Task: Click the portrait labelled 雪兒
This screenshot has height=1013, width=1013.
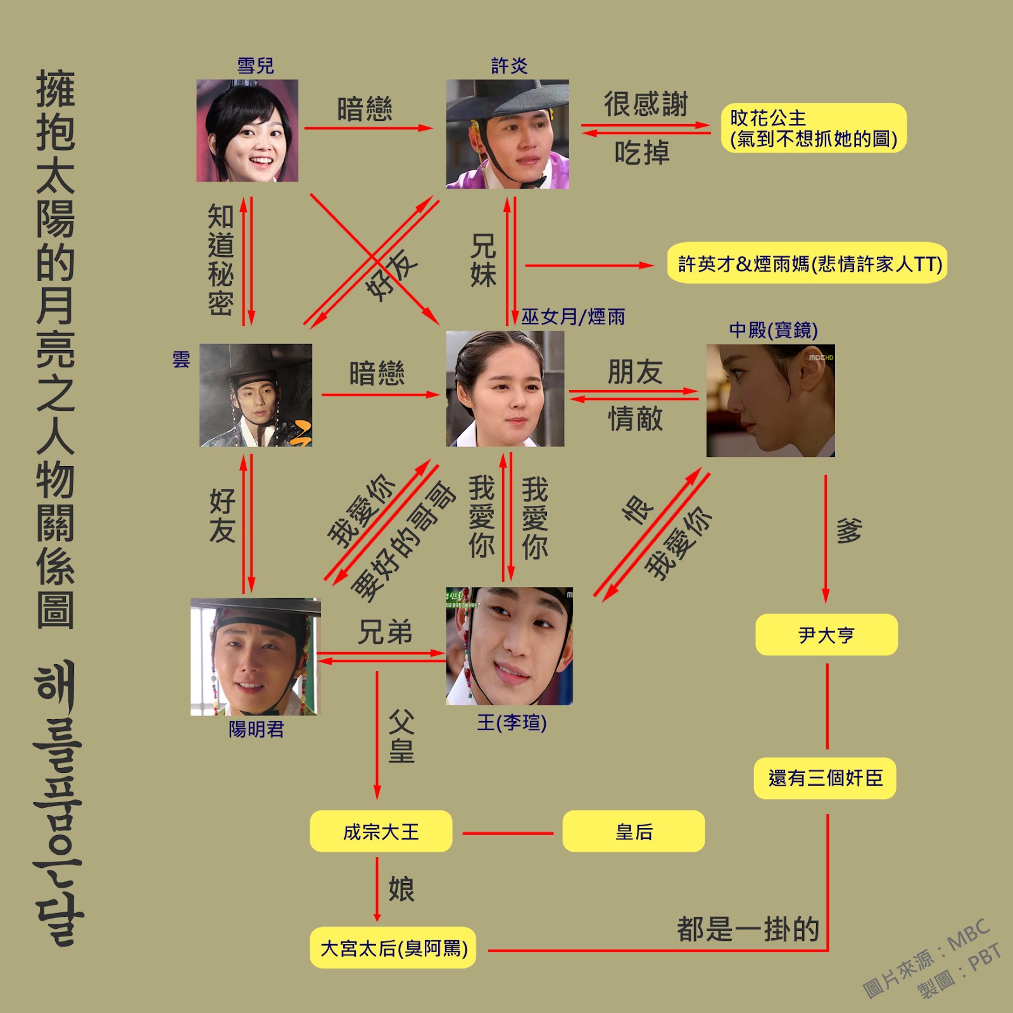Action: (247, 130)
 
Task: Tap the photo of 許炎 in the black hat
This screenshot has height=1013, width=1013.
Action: (507, 134)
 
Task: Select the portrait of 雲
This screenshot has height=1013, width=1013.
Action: (256, 395)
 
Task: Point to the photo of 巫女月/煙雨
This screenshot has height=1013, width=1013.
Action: (505, 389)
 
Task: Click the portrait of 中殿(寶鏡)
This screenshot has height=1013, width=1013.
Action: (771, 400)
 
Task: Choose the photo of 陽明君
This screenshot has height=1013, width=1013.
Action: (255, 657)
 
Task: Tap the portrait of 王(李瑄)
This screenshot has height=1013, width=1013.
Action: (510, 646)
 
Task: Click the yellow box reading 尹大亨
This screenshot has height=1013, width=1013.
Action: (826, 634)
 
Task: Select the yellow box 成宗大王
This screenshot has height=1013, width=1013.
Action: (381, 831)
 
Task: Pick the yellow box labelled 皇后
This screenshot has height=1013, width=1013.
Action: (633, 831)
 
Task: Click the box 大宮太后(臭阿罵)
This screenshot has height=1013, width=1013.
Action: (393, 948)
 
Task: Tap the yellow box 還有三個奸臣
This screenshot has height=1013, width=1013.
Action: (825, 777)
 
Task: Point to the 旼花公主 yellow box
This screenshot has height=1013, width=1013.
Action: (814, 128)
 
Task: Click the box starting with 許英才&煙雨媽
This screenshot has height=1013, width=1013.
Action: (807, 263)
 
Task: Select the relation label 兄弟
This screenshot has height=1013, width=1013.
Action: (385, 632)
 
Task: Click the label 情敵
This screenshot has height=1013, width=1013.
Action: (635, 418)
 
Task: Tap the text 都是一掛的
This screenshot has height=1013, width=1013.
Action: (748, 929)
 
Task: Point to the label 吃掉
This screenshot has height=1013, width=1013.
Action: (641, 153)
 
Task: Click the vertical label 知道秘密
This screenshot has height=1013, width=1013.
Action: (221, 260)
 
